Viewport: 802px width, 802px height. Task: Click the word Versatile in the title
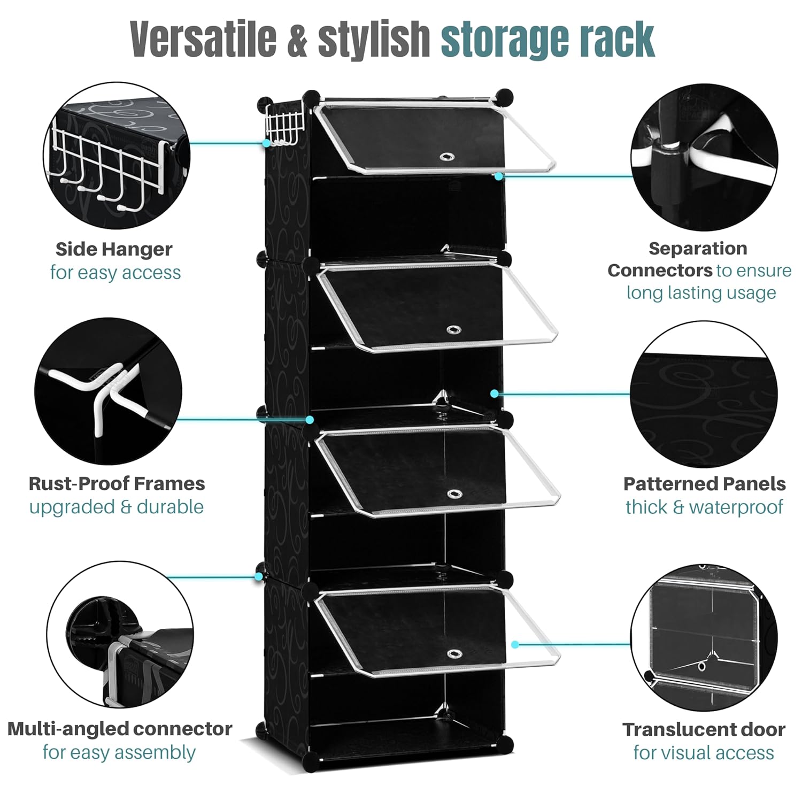coord(203,38)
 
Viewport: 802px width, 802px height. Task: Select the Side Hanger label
coord(113,249)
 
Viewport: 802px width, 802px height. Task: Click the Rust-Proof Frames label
coord(117,484)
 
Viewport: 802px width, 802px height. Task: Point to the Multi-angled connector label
coord(120,729)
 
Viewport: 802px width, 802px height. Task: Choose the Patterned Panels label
coord(704,484)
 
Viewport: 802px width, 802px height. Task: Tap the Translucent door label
coord(704,729)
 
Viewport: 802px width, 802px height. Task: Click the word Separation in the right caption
coord(698,249)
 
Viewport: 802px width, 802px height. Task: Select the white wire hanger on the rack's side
coord(284,125)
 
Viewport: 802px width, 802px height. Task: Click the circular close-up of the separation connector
coord(704,157)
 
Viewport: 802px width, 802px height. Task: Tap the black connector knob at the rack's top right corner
coord(504,97)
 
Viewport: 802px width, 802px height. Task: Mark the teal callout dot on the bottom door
coord(515,645)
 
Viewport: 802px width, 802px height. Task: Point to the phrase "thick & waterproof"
coord(704,507)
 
